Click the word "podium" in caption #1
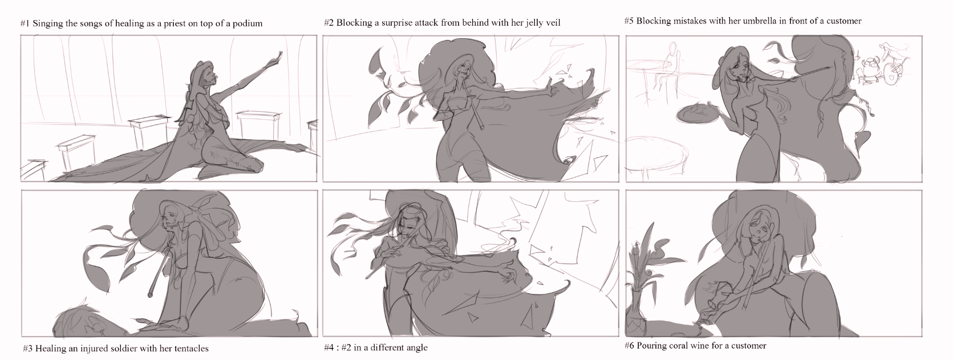point(248,24)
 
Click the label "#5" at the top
point(629,21)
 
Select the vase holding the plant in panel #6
point(637,315)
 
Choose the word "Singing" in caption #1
point(46,24)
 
